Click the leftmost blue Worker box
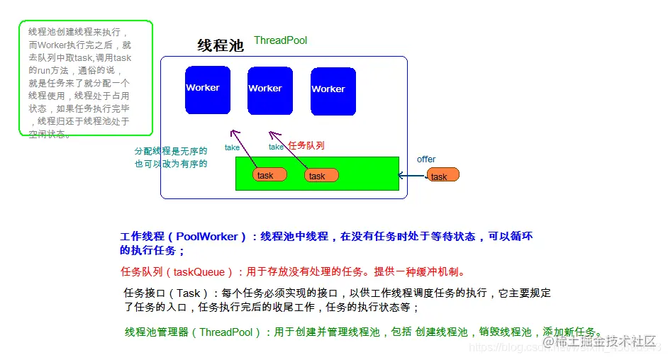207,90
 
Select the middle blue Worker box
269,91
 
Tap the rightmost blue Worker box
333,91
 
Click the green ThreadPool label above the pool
280,40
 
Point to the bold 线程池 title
220,46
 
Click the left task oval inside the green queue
269,175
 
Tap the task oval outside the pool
442,175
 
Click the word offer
426,159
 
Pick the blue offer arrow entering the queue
411,175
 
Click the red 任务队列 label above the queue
306,145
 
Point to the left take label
232,147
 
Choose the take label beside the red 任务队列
276,147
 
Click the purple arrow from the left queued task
245,150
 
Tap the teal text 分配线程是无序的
171,151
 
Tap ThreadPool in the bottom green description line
226,332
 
